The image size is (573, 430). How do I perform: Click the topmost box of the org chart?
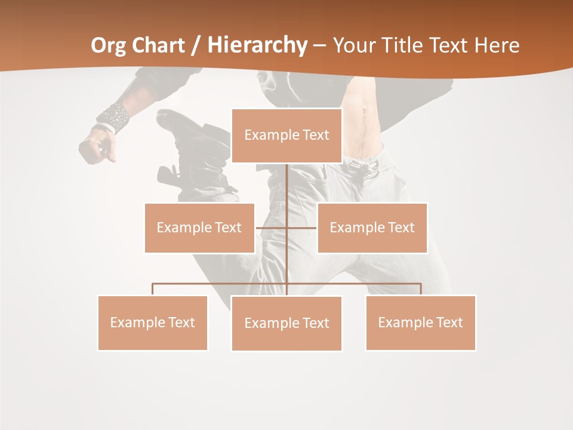pos(286,136)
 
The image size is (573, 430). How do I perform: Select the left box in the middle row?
pos(199,228)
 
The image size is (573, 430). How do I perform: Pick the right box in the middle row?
pos(372,228)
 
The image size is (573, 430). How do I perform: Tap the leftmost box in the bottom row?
pos(153,322)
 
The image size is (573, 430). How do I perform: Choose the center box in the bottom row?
pos(286,323)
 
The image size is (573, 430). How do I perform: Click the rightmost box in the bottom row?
pos(420,322)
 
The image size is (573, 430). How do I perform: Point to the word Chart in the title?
pos(159,45)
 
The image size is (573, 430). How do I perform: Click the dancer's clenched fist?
pos(97,146)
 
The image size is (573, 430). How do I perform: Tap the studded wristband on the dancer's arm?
pos(114,116)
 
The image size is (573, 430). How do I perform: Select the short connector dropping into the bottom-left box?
pos(153,289)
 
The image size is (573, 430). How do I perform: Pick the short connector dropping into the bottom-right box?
pos(420,289)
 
